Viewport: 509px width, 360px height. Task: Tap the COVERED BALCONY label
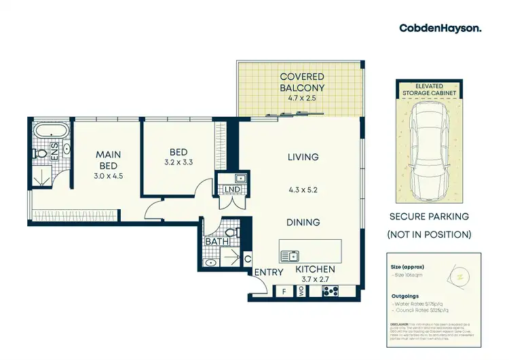(302, 82)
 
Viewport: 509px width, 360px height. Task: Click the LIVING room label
(303, 157)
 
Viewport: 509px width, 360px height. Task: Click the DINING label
(303, 222)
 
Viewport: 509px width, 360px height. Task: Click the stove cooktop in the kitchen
(331, 291)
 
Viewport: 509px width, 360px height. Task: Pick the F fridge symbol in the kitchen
(284, 291)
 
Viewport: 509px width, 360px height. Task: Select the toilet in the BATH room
(231, 234)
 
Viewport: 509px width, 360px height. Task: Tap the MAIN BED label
(107, 160)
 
